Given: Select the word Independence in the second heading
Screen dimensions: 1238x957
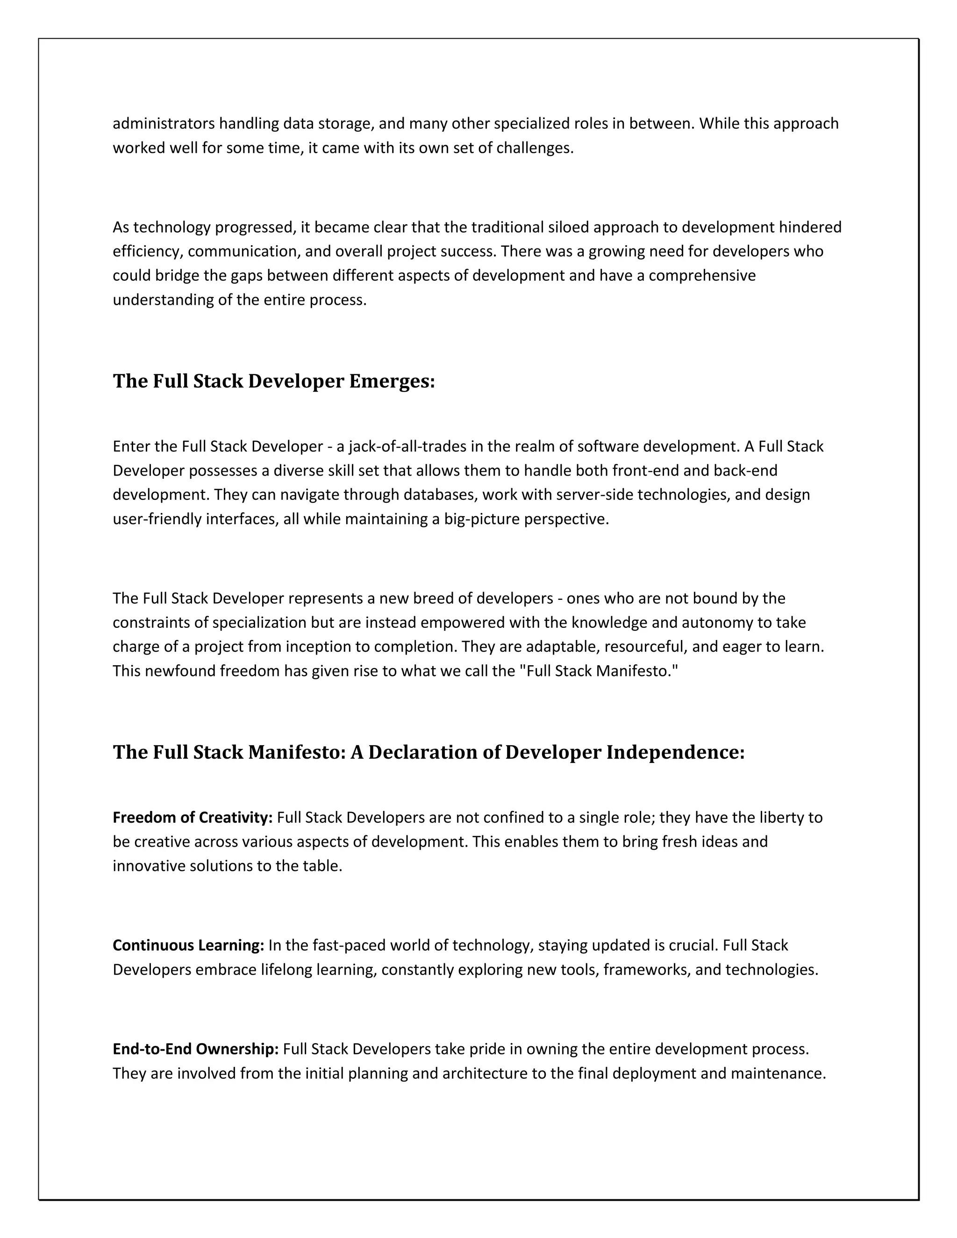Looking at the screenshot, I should click(675, 752).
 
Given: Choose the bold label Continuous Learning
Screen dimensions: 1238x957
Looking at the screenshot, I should click(188, 946).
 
